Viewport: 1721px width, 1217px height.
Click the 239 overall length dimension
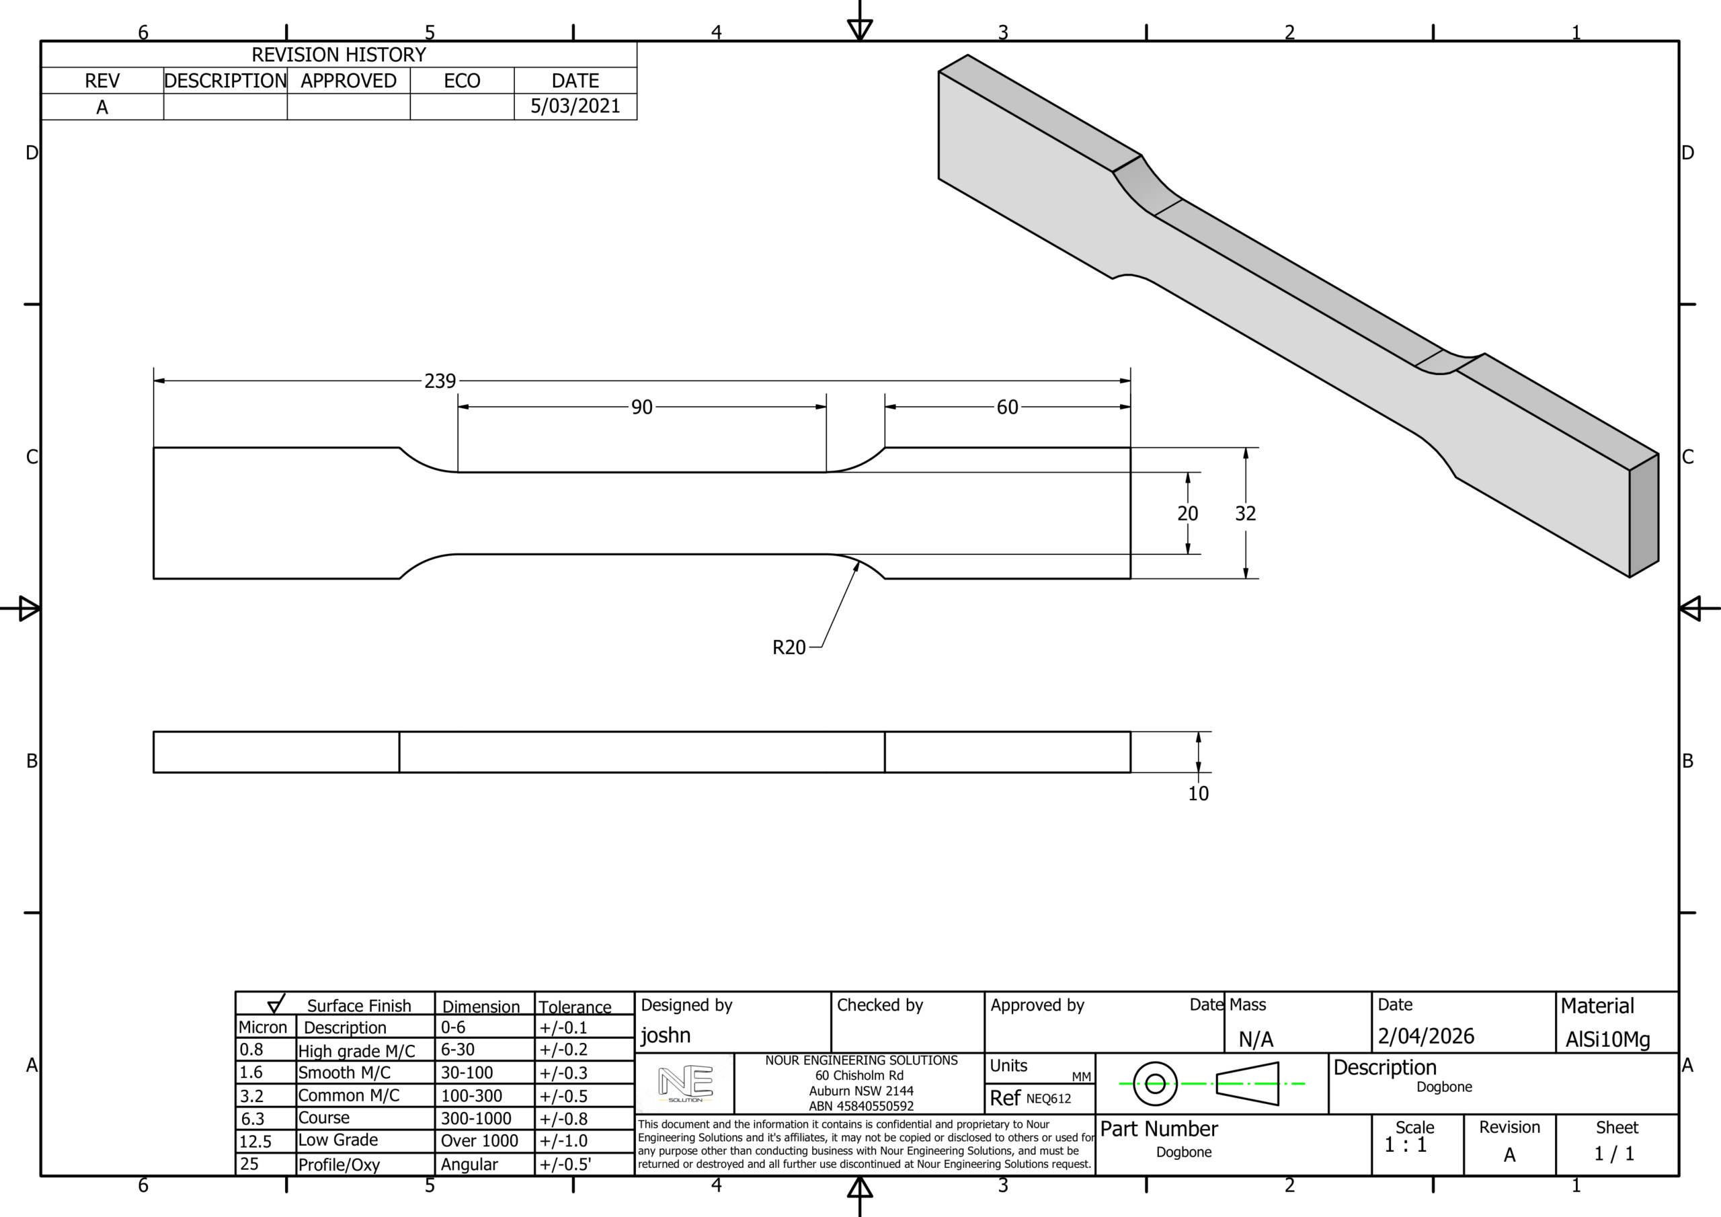(440, 381)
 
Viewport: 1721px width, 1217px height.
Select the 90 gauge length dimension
(641, 407)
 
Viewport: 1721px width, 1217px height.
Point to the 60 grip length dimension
(1008, 407)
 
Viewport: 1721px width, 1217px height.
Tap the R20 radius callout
(789, 647)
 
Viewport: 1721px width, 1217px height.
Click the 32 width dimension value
(1245, 514)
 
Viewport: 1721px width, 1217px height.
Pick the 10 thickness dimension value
(1198, 793)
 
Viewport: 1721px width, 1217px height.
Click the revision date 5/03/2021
(575, 106)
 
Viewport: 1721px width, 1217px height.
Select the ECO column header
(462, 80)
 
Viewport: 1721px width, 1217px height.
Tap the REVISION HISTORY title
(338, 54)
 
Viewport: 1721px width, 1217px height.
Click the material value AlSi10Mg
(1607, 1039)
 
